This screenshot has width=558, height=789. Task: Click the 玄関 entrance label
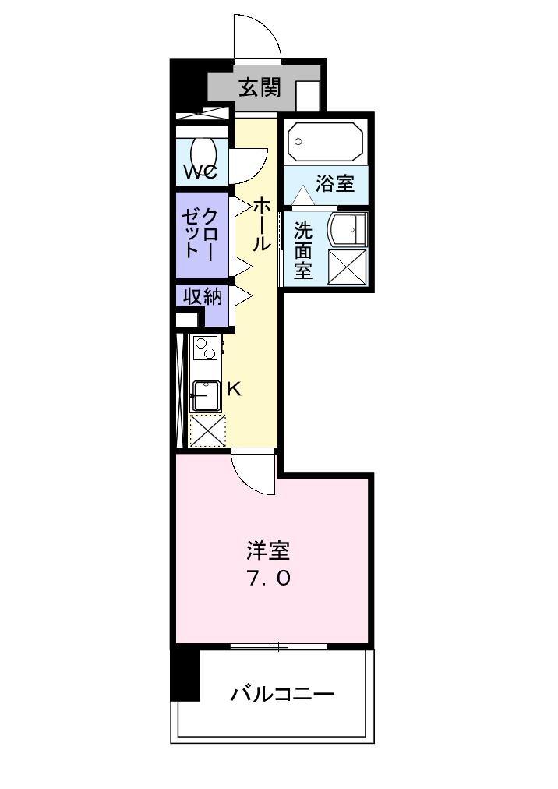coord(259,87)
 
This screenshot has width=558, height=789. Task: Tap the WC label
coord(200,172)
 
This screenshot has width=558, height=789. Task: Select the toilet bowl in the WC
coord(203,149)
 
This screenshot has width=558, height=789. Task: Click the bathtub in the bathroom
coord(325,143)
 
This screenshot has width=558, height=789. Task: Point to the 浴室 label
coord(335,184)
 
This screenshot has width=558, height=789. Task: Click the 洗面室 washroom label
coord(302,250)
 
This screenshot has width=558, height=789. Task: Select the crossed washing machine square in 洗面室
coord(347,267)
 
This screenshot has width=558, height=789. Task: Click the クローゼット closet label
coord(200,233)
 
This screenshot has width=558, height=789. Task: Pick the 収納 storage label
coord(203,296)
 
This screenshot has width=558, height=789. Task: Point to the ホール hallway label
coord(263,224)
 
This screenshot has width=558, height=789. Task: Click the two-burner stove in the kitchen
coord(206,349)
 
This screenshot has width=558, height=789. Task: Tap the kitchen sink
coord(206,394)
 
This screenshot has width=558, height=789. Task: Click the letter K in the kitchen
coord(233,389)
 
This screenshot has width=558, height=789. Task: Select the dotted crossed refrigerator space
coord(208,431)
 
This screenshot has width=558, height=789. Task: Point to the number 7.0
coord(270,578)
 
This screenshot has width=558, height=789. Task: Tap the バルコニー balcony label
coord(281,693)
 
